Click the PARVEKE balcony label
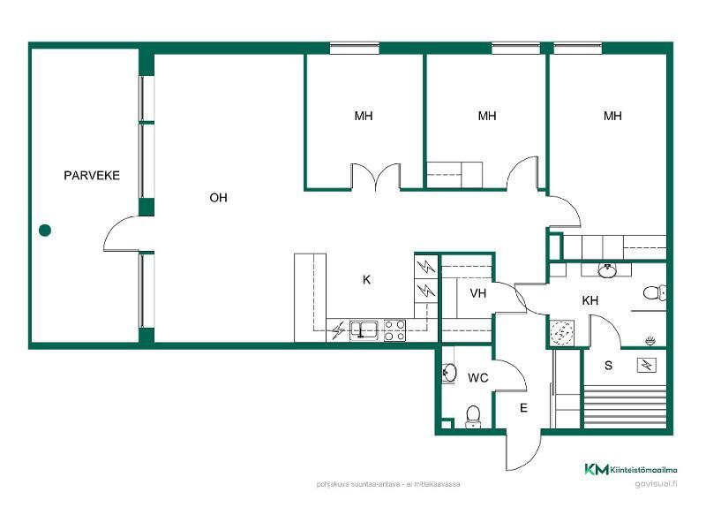click(92, 175)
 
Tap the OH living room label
click(218, 197)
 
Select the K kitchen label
click(366, 280)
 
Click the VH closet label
click(478, 293)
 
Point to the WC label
click(478, 378)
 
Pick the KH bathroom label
click(590, 300)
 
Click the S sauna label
click(608, 365)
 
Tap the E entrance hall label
click(523, 408)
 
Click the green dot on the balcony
click(45, 231)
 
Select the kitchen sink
click(364, 329)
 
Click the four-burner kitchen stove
click(394, 329)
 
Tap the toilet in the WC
click(473, 416)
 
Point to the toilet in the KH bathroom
click(654, 293)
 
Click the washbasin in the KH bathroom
click(607, 270)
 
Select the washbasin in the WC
click(449, 373)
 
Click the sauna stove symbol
click(647, 365)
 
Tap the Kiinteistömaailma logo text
click(643, 470)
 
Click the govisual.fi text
click(656, 484)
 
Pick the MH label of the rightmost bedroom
click(612, 116)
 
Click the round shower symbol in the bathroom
click(562, 333)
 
